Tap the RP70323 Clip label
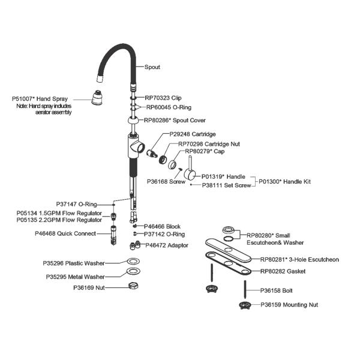(163, 97)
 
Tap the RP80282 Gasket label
(283, 271)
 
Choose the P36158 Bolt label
(275, 290)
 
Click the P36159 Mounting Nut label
(289, 305)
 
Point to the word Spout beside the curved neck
(153, 67)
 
